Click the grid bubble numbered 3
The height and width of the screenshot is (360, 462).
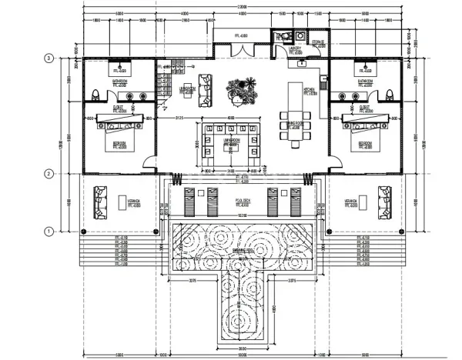click(48, 58)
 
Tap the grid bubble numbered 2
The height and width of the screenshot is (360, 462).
click(48, 174)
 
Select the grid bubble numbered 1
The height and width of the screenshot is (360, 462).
click(48, 230)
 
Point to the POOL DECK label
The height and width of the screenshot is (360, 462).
click(240, 202)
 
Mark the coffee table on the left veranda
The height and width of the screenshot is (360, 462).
click(122, 202)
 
